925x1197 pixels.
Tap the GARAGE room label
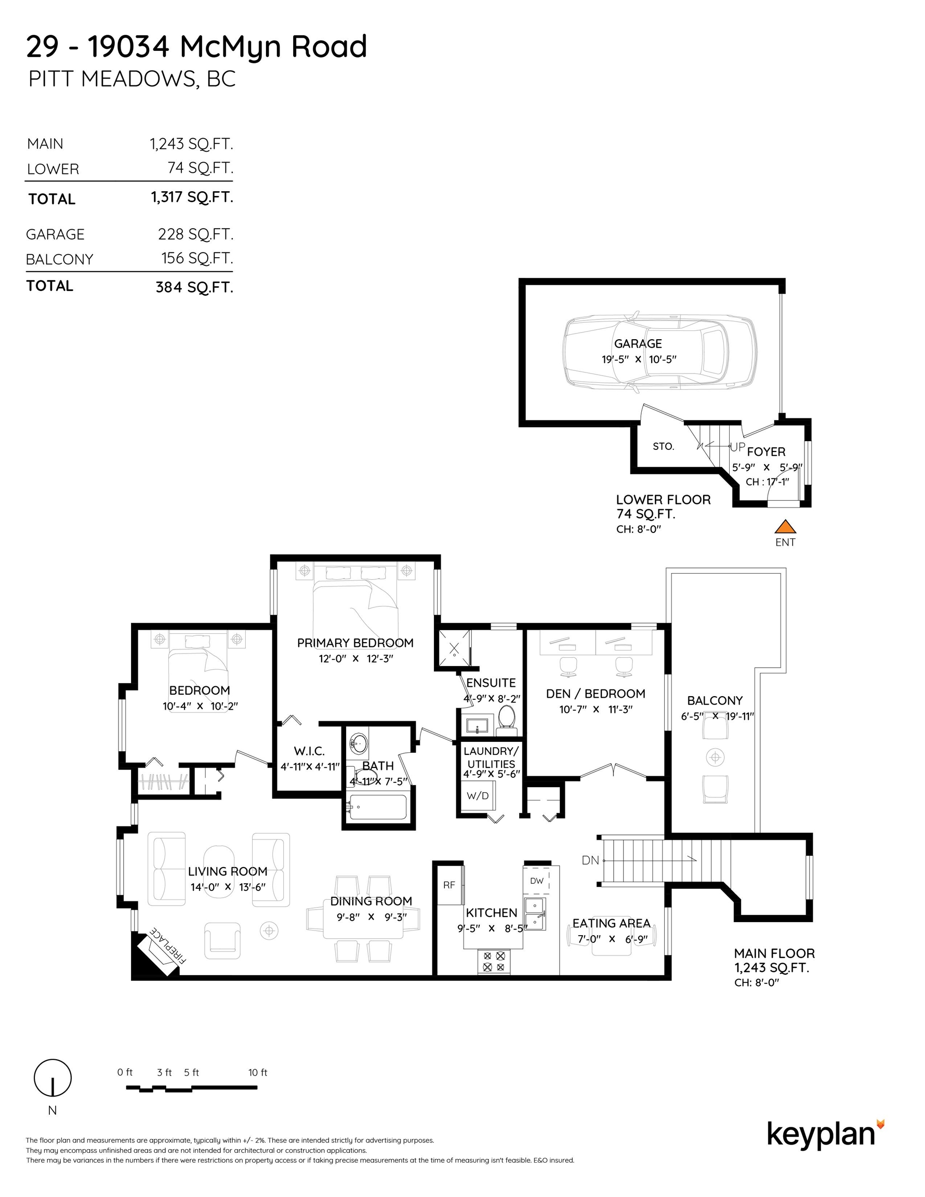click(638, 343)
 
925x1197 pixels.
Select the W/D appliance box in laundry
click(478, 795)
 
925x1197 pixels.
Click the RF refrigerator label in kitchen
click(449, 885)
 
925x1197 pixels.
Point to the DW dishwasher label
click(536, 881)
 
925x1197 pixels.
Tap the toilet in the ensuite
click(507, 720)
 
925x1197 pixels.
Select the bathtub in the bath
click(378, 807)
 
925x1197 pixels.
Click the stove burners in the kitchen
click(494, 961)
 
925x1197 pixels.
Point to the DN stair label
click(590, 860)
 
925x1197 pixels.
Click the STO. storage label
click(664, 446)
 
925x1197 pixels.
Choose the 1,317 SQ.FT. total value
click(192, 197)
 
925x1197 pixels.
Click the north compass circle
click(52, 1078)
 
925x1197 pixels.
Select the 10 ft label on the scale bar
click(258, 1072)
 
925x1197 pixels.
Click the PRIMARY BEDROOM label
click(355, 643)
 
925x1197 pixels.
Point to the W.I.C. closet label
click(309, 751)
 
